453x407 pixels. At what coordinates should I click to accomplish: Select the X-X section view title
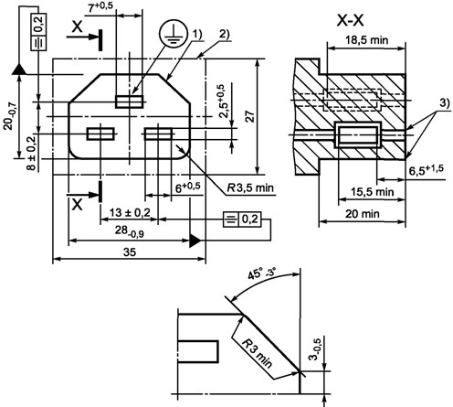point(350,21)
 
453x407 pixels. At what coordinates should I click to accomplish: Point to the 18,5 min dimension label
point(367,39)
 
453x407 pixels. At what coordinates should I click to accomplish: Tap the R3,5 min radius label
point(250,187)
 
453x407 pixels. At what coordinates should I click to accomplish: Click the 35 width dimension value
point(130,252)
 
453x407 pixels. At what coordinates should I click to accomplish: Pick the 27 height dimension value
point(250,116)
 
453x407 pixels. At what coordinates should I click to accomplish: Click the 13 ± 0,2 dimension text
point(130,212)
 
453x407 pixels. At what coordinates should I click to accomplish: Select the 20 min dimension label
point(363,214)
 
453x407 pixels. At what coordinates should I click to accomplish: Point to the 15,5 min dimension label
point(372,192)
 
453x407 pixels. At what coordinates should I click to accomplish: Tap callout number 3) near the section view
point(444,103)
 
